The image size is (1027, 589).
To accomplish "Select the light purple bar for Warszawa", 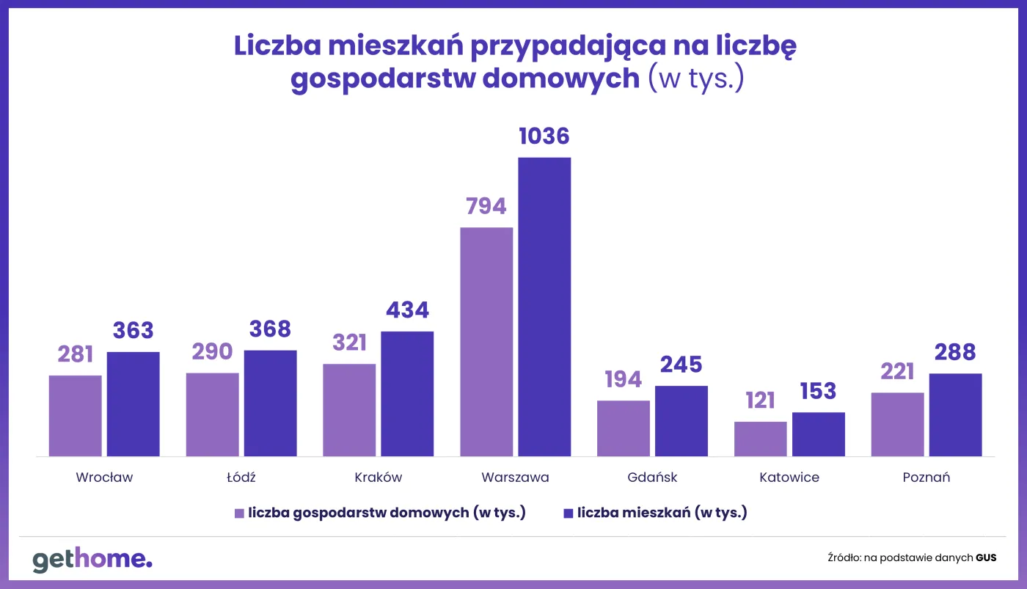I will click(x=486, y=342).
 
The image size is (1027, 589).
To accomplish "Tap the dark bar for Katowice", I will click(x=819, y=434).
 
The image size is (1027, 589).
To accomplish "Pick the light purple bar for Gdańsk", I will click(x=624, y=428).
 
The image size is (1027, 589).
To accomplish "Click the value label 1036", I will click(x=544, y=136).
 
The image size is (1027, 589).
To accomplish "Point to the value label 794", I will click(x=486, y=206).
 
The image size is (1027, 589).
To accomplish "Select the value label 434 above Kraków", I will click(x=407, y=310).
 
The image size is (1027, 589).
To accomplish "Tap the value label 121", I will click(x=760, y=400).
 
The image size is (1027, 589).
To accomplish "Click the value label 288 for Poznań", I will click(x=955, y=353).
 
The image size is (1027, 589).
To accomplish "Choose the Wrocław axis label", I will click(x=104, y=478).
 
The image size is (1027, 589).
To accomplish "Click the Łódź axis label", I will click(x=241, y=478).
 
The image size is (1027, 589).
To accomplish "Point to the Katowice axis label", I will click(x=789, y=478).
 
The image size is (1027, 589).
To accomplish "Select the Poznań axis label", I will click(x=927, y=478).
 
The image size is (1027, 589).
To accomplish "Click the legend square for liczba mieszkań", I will click(x=567, y=513).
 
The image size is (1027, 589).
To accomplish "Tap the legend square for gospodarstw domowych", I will click(x=239, y=513).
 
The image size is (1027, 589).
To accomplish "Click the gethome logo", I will click(x=92, y=560).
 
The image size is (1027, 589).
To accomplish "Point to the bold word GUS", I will click(x=986, y=558).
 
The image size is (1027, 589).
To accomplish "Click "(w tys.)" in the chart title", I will click(x=696, y=78).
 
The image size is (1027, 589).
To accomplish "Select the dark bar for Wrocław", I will click(x=134, y=404).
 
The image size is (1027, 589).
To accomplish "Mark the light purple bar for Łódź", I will click(x=213, y=414).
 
